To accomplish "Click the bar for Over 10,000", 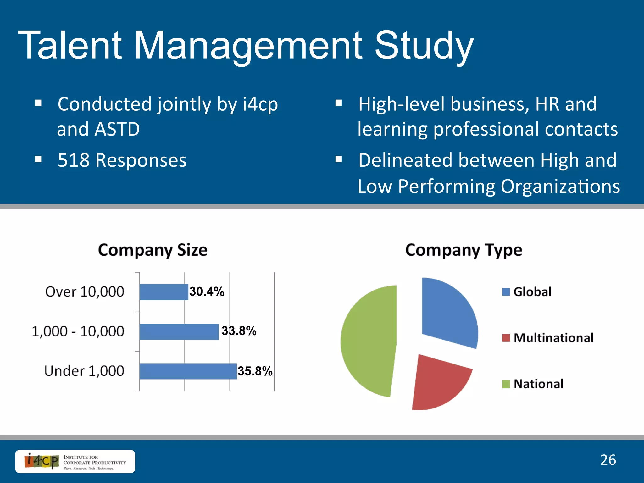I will tap(164, 292).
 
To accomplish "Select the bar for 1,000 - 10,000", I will tap(179, 331).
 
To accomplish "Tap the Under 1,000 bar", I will tap(188, 371).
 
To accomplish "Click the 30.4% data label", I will tap(207, 291).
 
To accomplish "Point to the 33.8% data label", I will tap(239, 331).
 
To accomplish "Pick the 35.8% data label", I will tap(255, 371).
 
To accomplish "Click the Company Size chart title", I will tap(153, 250).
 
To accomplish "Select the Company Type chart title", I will tap(464, 250).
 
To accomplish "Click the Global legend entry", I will tap(527, 292).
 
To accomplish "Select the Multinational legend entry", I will tap(548, 338).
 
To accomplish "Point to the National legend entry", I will tap(533, 384).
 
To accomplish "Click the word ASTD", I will tap(117, 129).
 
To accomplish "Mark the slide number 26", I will tap(608, 460).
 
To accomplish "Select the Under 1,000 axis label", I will tap(84, 371).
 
